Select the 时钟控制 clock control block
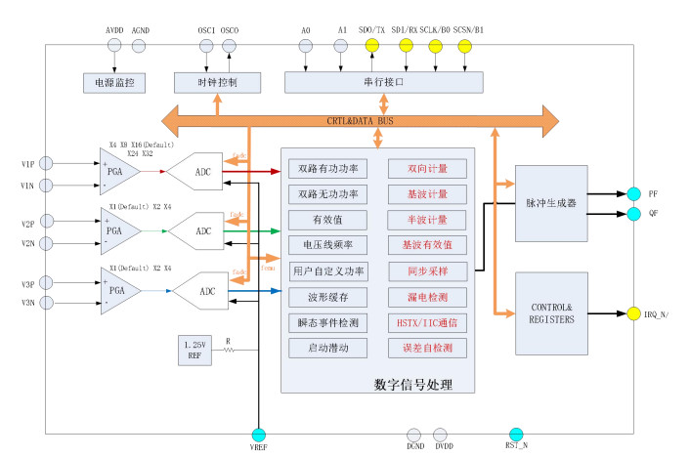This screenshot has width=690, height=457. pos(217,82)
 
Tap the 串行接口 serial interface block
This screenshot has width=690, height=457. pos(382,82)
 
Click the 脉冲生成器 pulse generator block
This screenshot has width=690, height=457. pos(550,203)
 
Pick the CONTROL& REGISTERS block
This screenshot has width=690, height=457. pos(550,312)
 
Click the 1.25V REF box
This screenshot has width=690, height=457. pos(194,350)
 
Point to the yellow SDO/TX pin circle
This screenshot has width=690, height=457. pos(372,46)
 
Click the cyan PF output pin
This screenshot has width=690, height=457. pos(634,193)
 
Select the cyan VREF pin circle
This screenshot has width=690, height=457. pos(258,435)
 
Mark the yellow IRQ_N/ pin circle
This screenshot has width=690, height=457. pos(634,313)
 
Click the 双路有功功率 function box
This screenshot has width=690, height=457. pos(328,168)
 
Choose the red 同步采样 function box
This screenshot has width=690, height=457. pos(427,270)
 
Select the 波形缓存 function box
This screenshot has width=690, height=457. pos(328,296)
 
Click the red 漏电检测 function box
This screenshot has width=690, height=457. pos(427,296)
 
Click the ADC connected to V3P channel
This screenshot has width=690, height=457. pos(206,291)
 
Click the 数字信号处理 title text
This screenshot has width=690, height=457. pos(413,384)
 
